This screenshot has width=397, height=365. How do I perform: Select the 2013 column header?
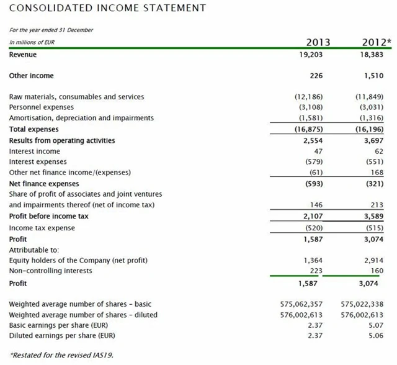coord(318,42)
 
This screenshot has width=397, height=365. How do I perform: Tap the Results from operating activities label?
coord(62,140)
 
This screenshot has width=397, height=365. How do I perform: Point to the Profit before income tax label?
coord(48,216)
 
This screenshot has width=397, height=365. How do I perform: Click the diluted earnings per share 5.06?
coord(376,336)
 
